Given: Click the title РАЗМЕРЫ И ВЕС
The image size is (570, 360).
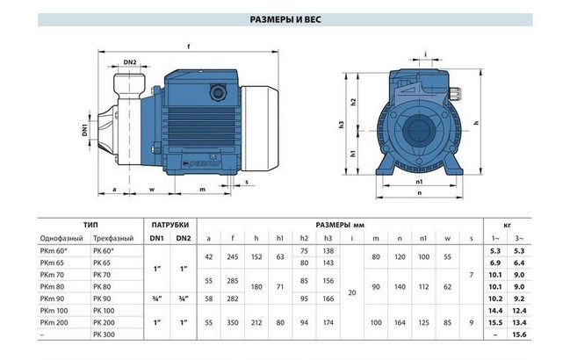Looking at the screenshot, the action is (x=285, y=19).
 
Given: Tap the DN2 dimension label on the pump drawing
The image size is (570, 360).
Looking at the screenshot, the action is (x=130, y=62).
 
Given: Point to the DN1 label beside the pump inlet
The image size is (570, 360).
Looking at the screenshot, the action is (x=84, y=130).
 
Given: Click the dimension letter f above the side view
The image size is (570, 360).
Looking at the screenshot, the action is (x=188, y=47).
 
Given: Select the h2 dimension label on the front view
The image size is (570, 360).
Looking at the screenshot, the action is (x=353, y=102).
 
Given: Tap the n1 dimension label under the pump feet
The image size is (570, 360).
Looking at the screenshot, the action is (x=419, y=182).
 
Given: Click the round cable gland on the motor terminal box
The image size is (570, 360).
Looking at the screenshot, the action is (x=218, y=92).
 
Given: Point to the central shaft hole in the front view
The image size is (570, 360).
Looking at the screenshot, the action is (x=419, y=130).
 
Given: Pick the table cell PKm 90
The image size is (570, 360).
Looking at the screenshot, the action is (x=53, y=299).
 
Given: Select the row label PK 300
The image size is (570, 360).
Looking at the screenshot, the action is (x=104, y=335).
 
